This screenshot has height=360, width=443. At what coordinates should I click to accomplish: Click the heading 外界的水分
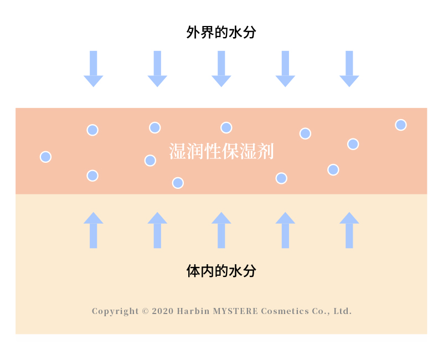[x=221, y=32]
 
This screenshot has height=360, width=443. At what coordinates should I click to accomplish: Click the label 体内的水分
[x=221, y=271]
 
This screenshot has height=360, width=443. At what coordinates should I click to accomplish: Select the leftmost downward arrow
[x=93, y=69]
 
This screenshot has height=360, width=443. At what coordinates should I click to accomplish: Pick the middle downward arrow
[x=221, y=69]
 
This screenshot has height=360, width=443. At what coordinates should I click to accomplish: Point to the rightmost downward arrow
[x=349, y=69]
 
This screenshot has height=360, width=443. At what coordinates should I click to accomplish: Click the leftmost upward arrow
[x=93, y=230]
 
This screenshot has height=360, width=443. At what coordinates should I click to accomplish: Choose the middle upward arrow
[x=221, y=230]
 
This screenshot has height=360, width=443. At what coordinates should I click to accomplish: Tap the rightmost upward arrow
[x=349, y=230]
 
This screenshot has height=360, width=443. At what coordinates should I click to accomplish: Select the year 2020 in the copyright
[x=162, y=311]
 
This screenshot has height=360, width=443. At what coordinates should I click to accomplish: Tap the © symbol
[x=146, y=311]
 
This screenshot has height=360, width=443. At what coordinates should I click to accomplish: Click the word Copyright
[x=115, y=311]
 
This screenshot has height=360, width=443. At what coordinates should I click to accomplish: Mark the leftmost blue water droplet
[x=46, y=157]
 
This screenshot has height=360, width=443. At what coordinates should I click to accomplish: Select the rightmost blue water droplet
[x=401, y=125]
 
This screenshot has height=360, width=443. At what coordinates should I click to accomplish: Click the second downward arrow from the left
[x=157, y=69]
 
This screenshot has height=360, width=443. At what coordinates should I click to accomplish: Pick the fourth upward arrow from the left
[x=285, y=230]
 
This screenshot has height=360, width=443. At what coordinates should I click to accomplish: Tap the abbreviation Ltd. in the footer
[x=342, y=311]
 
